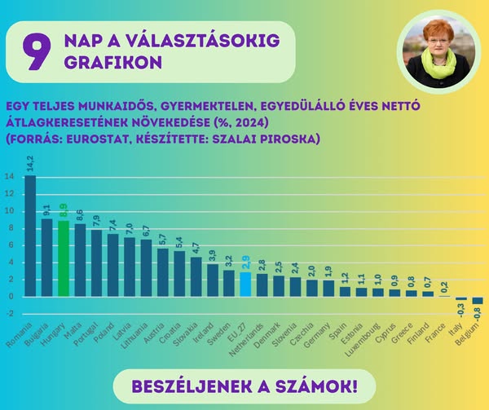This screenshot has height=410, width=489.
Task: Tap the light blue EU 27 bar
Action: coord(245,284)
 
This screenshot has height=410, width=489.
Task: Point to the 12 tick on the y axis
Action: coord(9,193)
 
